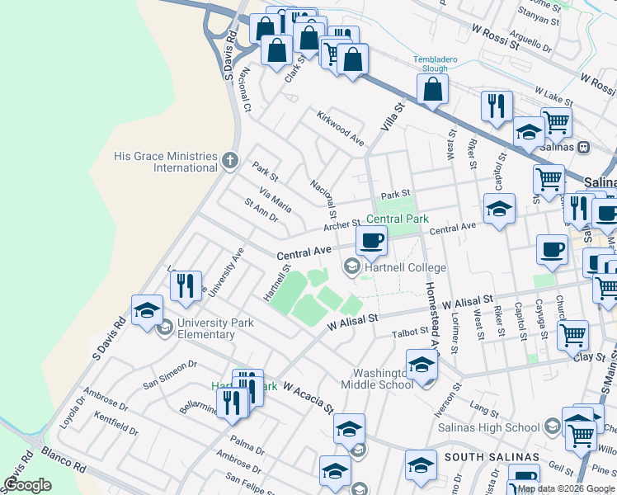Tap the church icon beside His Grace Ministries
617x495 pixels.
point(231,162)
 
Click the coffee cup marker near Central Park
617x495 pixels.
point(371,241)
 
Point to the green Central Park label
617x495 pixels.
point(398,219)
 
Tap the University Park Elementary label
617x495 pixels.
point(205,328)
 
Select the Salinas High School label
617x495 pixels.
point(498,427)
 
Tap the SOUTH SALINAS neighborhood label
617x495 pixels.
point(492,457)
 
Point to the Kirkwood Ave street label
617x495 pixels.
point(341,130)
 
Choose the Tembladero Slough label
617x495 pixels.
point(441,64)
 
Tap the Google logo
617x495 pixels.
point(27,485)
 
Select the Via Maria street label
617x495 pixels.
point(276,199)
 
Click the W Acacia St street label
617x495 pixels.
point(308,397)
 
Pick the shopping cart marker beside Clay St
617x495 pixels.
point(572,335)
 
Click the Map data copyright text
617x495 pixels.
point(565,489)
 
